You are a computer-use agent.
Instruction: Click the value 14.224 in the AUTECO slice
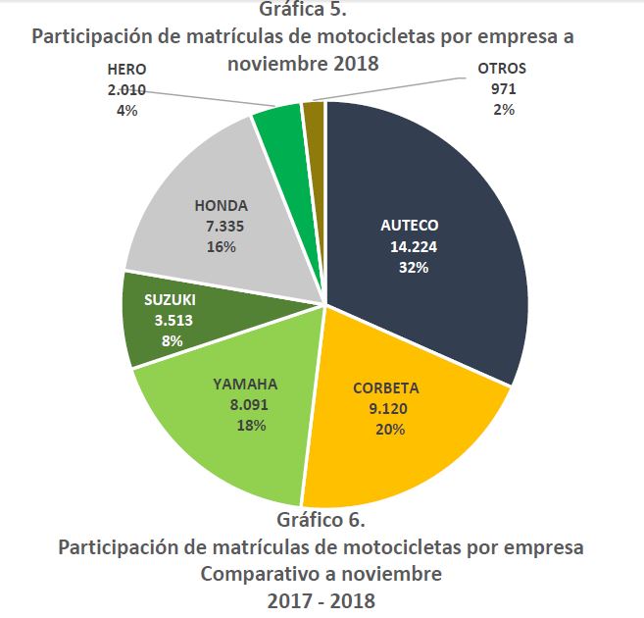pyautogui.click(x=409, y=246)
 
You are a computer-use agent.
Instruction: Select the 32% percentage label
pyautogui.click(x=409, y=266)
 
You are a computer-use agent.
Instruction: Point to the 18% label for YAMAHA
pyautogui.click(x=246, y=426)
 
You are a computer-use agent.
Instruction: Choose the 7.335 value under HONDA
pyautogui.click(x=221, y=227)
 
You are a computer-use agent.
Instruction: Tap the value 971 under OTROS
pyautogui.click(x=503, y=89)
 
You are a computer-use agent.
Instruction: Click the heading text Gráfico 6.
pyautogui.click(x=322, y=520)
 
